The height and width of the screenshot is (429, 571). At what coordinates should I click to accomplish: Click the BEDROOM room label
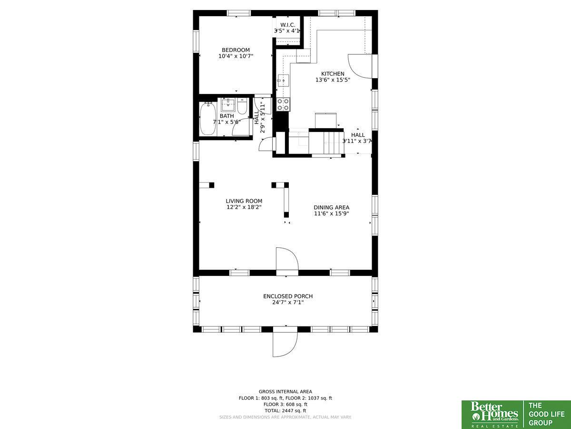(236, 50)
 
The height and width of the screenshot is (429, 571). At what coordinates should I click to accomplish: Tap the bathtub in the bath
(208, 119)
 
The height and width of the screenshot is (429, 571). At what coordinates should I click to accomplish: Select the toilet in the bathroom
(242, 106)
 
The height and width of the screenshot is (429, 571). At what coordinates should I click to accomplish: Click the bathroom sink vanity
(228, 105)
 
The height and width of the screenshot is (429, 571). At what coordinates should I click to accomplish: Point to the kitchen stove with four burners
(283, 104)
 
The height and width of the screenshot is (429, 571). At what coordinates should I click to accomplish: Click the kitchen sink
(283, 81)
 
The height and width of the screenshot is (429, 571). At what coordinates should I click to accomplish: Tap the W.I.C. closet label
(288, 25)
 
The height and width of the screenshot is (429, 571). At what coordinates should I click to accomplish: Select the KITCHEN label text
(333, 74)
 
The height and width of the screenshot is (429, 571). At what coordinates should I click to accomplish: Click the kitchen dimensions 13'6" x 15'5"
(333, 80)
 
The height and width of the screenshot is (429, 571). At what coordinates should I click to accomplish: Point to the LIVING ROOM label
(244, 201)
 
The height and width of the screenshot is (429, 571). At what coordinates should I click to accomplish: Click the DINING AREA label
(331, 208)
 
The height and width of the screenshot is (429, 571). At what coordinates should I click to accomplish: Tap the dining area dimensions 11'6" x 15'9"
(331, 214)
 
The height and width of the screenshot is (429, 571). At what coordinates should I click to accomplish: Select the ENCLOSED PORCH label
(288, 296)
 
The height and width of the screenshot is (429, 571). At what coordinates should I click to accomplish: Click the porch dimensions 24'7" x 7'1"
(288, 302)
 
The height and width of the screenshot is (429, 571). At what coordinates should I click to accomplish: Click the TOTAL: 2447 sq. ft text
(285, 411)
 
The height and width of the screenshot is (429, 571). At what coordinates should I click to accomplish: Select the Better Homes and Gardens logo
(493, 415)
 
